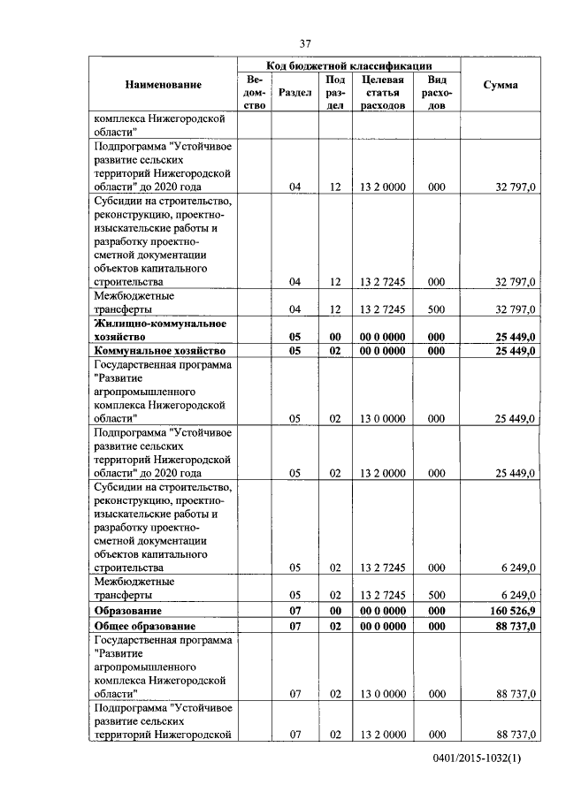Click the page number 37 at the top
pos(305,43)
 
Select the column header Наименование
pos(163,85)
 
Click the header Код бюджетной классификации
pos(349,65)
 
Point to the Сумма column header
pos(501,85)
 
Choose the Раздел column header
pos(294,92)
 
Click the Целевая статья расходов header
pos(382,92)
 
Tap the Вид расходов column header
pos(436,92)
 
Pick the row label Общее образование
pos(145,626)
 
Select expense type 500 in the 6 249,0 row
pos(436,595)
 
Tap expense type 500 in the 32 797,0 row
pos(436,309)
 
